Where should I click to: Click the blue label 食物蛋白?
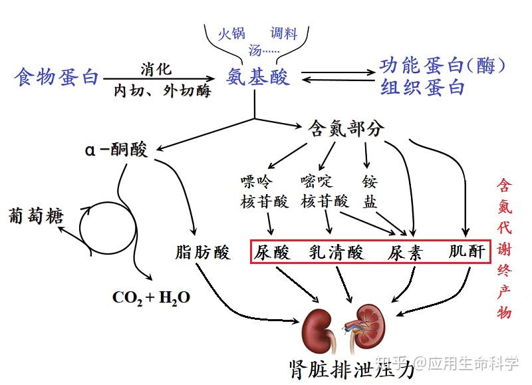pos(57,77)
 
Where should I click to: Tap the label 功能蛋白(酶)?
pos(442,66)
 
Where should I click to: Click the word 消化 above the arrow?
pos(156,68)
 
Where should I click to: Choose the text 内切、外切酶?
pos(162,90)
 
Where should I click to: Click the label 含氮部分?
pos(346,128)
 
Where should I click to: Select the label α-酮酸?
pos(116,149)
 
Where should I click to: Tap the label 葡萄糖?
pos(36,216)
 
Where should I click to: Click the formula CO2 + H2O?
pos(152,297)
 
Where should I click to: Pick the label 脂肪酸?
pos(202,252)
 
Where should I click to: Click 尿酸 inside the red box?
pos(273,252)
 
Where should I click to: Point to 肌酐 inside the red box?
pos(467,252)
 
